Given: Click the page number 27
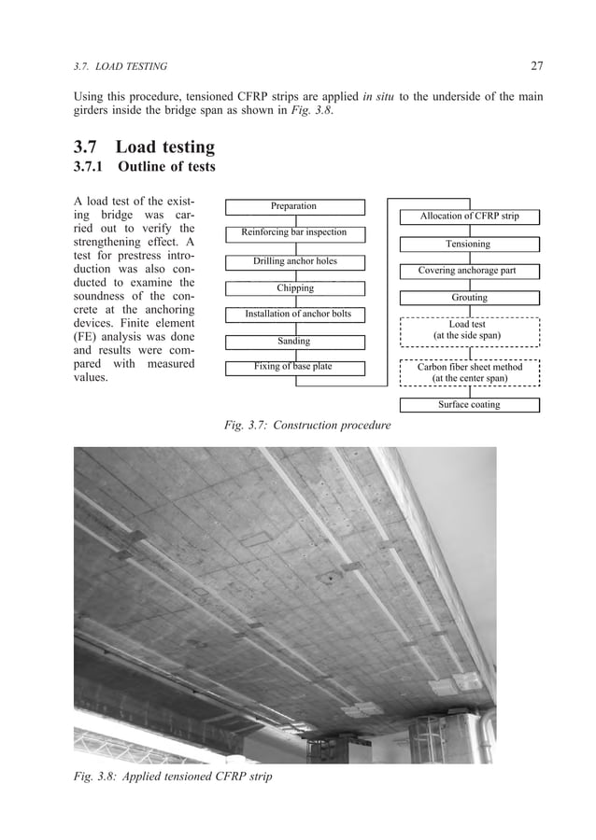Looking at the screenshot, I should pos(536,65).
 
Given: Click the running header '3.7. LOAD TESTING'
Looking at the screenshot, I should pos(121,66).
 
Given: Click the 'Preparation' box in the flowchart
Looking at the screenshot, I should pos(294,206).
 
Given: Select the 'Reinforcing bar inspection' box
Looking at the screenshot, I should pos(294,232).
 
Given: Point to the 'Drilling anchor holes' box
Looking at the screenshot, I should pos(294,261).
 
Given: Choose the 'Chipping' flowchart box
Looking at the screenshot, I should pos(294,288).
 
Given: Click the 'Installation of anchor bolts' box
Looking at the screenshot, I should pos(294,315).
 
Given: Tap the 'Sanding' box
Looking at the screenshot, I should pos(294,342).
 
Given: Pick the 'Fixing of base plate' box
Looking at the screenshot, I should pos(294,368).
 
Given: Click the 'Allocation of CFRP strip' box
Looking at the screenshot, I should pos(469,217).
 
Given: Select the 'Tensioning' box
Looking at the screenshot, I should pos(469,245).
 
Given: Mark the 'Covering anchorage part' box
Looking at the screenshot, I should pos(469,272).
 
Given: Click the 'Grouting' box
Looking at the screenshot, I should pos(469,299).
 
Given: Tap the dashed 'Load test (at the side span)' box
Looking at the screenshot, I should pos(469,330).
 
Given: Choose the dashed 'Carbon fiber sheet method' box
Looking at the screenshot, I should pos(469,372).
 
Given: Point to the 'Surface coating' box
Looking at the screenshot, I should pos(469,405).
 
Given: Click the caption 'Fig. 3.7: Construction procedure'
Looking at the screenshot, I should pos(308,427).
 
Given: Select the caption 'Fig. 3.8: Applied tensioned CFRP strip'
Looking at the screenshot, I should pos(173,776).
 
